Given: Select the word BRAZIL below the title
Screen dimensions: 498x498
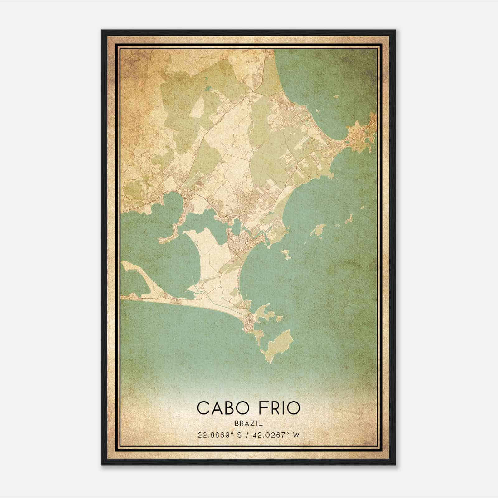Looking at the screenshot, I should point(249,424).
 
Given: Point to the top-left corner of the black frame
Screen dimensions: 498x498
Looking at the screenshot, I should point(102,31).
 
